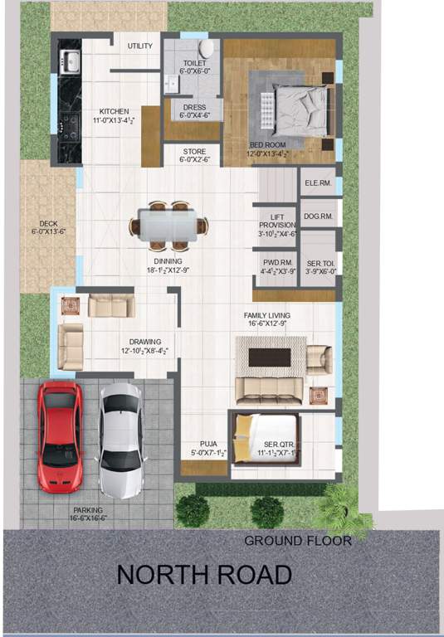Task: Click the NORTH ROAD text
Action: [x=203, y=574]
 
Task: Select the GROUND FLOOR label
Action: [x=297, y=541]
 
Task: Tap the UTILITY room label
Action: [x=139, y=46]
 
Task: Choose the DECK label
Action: [x=47, y=223]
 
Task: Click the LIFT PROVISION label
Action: [x=276, y=221]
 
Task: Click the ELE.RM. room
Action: [x=318, y=182]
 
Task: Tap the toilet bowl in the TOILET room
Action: [x=207, y=49]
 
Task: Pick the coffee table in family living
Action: [x=270, y=357]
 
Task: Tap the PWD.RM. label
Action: [x=275, y=266]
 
